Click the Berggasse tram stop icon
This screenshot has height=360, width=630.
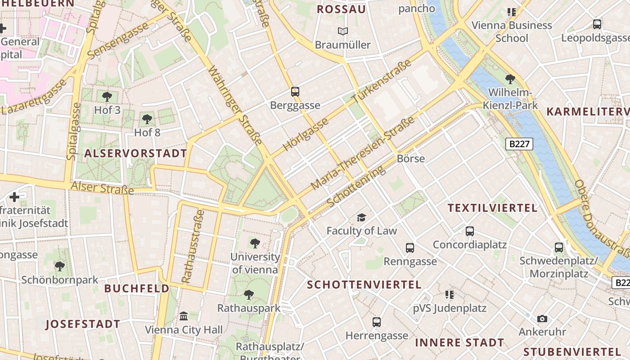pos(295,92)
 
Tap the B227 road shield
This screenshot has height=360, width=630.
pos(520,144)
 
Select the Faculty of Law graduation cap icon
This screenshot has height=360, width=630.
pos(361,218)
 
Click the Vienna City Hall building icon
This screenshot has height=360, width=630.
pos(184,316)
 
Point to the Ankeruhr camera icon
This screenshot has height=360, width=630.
pos(542,319)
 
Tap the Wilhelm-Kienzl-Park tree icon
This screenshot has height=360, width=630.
pos(510,80)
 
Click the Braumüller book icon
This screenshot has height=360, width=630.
pos(343,31)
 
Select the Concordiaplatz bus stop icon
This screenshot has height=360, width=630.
pos(470,231)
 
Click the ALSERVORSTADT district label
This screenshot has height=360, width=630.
pos(135,153)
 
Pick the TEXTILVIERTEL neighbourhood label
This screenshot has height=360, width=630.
pos(493,208)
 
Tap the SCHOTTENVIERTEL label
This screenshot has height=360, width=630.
pos(364,284)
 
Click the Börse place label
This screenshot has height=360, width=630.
pos(411,158)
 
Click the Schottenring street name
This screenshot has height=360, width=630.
pos(356,186)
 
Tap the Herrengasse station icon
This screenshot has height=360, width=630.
pos(377,322)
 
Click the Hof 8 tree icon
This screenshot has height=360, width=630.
pos(147,119)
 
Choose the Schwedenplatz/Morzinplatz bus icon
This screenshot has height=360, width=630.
pos(559,247)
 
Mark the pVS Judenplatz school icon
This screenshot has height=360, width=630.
pos(449,295)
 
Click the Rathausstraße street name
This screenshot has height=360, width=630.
pos(193,247)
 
